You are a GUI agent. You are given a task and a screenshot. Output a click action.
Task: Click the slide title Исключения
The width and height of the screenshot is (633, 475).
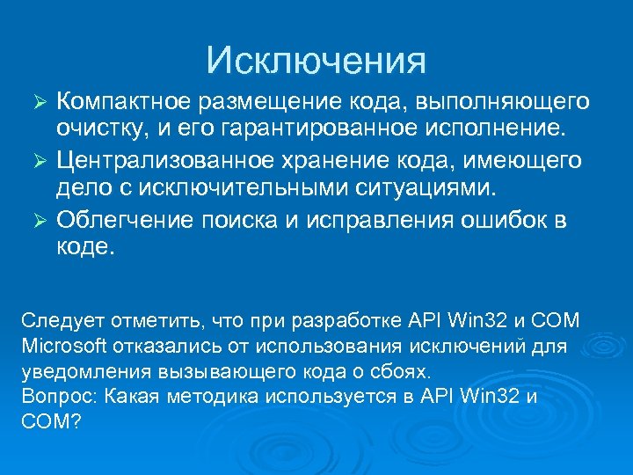point(316,60)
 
